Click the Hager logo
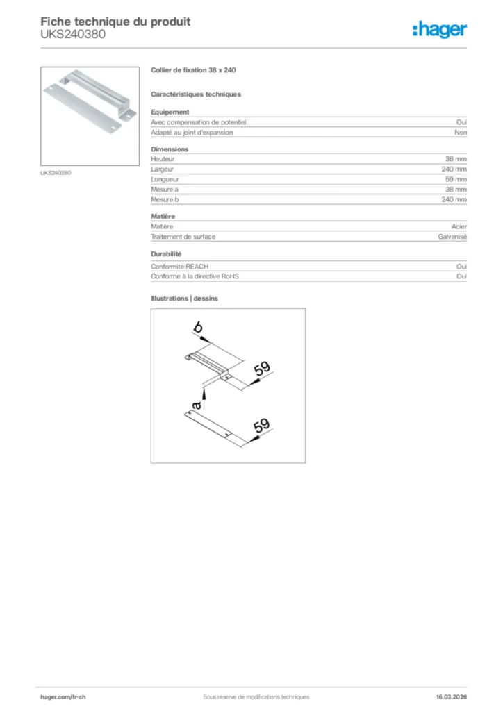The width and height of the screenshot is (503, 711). point(440,29)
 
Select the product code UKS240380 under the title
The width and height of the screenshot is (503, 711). point(73,34)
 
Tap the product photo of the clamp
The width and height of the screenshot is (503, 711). point(90,116)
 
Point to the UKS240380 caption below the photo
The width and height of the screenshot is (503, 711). point(56,173)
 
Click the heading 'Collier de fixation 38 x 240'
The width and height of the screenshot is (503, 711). point(193,71)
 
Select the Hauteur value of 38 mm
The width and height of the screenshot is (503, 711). point(456,159)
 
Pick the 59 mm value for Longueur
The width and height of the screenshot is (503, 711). point(456,179)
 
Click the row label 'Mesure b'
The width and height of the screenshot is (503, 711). point(165,199)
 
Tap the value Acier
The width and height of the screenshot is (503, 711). point(459,226)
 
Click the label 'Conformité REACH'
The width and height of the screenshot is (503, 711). point(180,266)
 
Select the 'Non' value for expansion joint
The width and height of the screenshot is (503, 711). point(461,132)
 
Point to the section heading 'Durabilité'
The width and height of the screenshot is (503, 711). point(166,254)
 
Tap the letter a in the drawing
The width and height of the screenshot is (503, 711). point(197,404)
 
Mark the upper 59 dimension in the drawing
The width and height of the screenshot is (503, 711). point(262,369)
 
